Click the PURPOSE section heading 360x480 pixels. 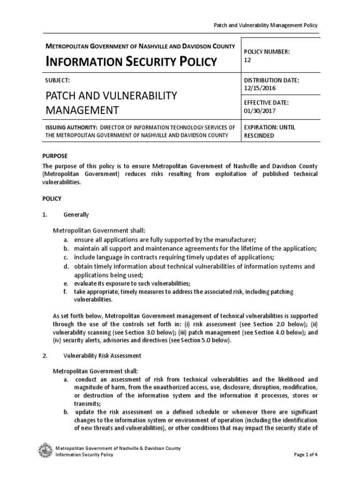[x=55, y=156]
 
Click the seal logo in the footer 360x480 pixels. [x=45, y=451]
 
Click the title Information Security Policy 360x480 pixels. [x=131, y=61]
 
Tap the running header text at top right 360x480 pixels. [x=265, y=25]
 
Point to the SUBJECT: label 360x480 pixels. [x=57, y=81]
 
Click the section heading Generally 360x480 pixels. [x=76, y=215]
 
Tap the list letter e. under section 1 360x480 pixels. [x=67, y=284]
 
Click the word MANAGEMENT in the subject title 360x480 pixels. [x=82, y=111]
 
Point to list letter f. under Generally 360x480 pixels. [x=66, y=292]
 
